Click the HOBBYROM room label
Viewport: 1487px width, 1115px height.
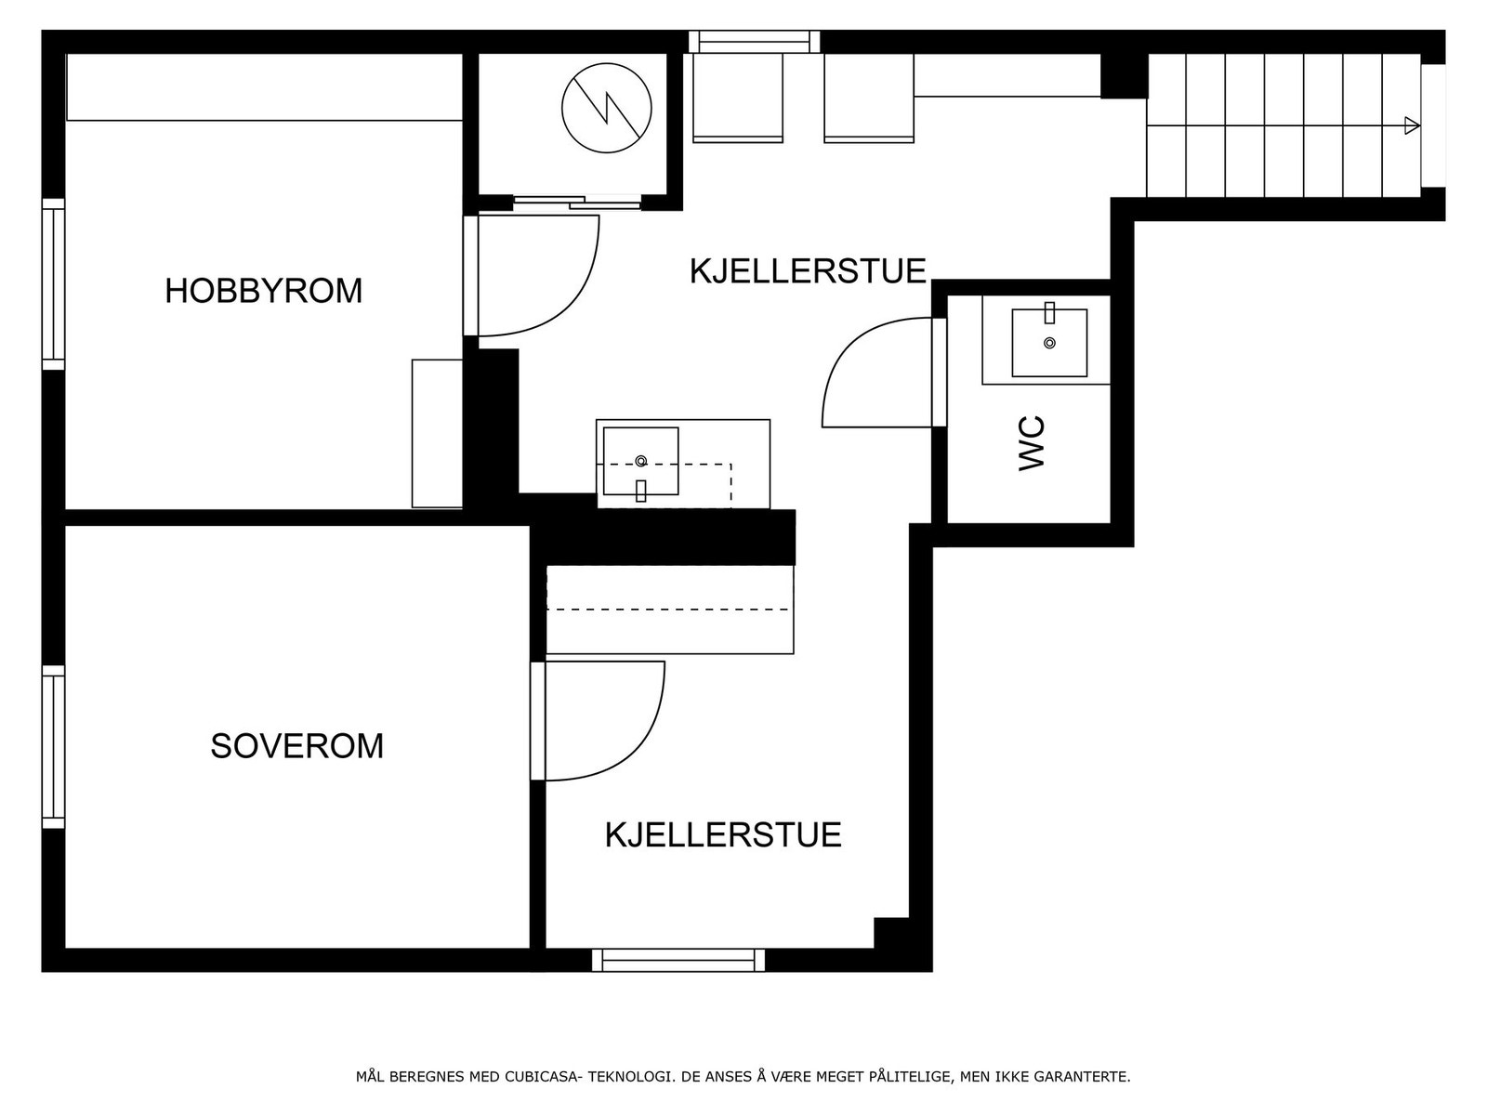263,291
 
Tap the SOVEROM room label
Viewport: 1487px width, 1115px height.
296,746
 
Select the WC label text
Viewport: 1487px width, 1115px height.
1033,443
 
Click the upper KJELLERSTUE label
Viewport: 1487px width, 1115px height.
808,271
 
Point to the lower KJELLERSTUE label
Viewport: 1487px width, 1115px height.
723,835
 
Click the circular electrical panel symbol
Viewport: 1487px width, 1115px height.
606,108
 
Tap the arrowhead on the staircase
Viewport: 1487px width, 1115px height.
1412,125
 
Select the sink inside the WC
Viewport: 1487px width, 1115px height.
1049,343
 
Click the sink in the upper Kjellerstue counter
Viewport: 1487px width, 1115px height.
640,462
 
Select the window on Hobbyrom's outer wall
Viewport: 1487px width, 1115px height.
54,283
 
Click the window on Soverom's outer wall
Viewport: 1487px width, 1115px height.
54,746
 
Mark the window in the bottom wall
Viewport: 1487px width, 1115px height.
678,960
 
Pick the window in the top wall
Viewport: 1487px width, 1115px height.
755,42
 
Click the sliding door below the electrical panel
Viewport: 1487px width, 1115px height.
577,202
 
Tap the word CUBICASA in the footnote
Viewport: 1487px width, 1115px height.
542,1077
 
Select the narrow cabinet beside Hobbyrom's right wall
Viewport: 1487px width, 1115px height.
437,434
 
